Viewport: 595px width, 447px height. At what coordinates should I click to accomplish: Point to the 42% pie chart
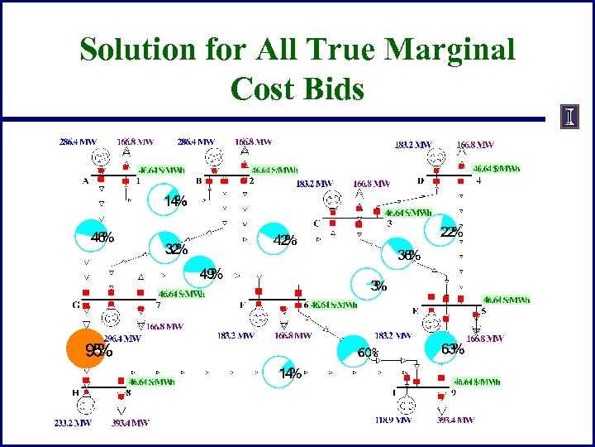pyautogui.click(x=276, y=240)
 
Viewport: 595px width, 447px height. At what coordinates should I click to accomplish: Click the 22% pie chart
pyautogui.click(x=446, y=233)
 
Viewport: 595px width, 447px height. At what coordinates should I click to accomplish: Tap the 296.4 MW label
pyautogui.click(x=121, y=338)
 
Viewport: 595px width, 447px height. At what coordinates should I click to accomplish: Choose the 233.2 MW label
pyautogui.click(x=73, y=422)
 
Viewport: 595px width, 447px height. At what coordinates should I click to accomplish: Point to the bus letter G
pyautogui.click(x=76, y=305)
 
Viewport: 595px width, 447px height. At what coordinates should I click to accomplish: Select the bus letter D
pyautogui.click(x=421, y=180)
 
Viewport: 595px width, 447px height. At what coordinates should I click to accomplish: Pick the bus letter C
pyautogui.click(x=317, y=223)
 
